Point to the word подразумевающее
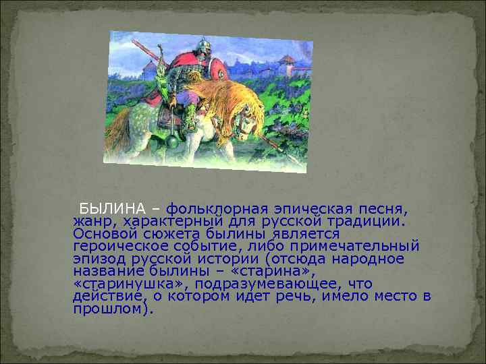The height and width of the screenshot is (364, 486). (x=259, y=284)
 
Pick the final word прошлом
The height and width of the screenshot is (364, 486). (x=112, y=309)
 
